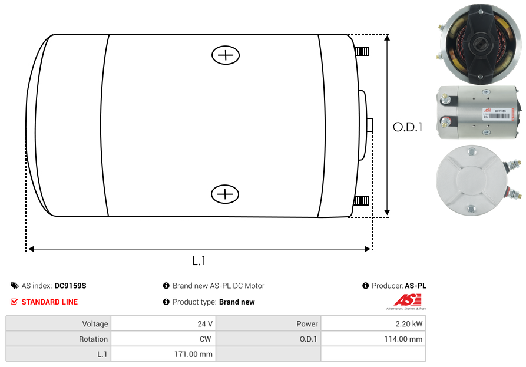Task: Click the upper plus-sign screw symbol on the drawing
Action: [x=226, y=55]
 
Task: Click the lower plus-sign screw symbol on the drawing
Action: [x=225, y=194]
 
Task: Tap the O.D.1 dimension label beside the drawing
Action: [x=408, y=127]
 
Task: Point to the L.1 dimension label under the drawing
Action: [x=199, y=260]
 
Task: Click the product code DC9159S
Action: [x=70, y=286]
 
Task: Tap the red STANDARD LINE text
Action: [x=49, y=302]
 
